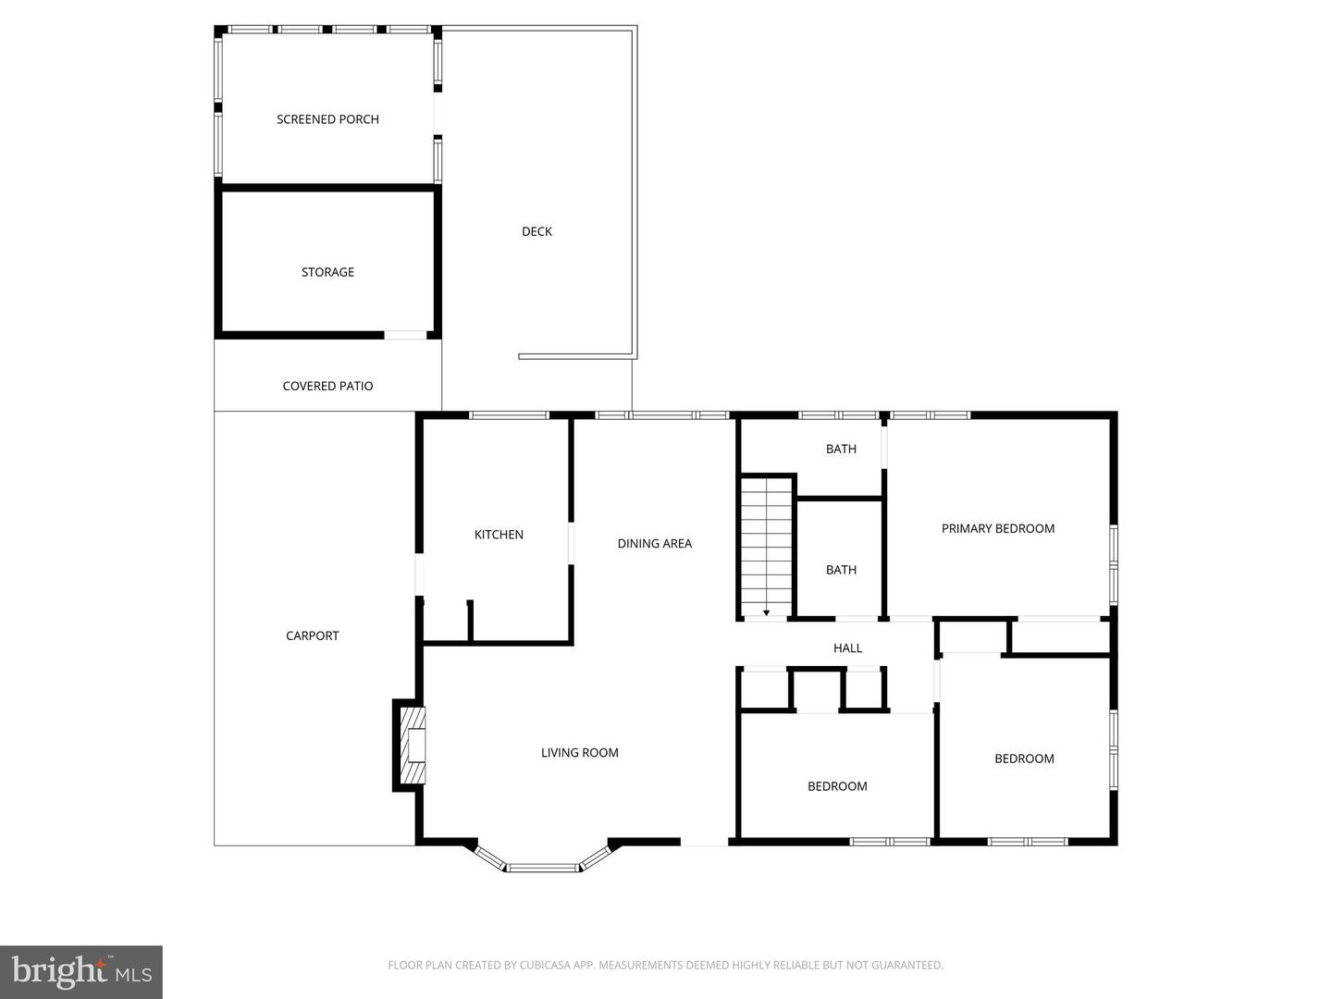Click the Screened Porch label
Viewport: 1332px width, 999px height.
[x=327, y=119]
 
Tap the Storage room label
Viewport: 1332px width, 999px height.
[x=327, y=272]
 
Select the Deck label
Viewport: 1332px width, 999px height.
[x=536, y=231]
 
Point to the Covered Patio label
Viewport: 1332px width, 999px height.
[x=327, y=386]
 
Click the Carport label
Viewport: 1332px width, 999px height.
[x=312, y=635]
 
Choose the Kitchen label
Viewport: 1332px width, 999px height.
[x=499, y=535]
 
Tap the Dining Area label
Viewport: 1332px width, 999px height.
[x=654, y=544]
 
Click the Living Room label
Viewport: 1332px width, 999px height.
[x=579, y=753]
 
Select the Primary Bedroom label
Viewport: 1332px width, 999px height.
[x=997, y=529]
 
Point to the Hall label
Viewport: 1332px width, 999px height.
[x=847, y=648]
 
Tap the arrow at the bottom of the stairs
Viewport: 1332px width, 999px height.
[x=767, y=611]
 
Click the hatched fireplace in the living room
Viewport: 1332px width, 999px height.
[x=413, y=745]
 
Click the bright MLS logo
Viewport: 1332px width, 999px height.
[x=81, y=971]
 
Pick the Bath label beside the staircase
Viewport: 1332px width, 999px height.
[x=841, y=570]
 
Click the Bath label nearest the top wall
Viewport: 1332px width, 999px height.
[x=841, y=449]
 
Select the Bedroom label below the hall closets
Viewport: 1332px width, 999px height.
[x=837, y=786]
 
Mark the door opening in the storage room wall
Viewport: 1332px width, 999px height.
[x=405, y=335]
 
